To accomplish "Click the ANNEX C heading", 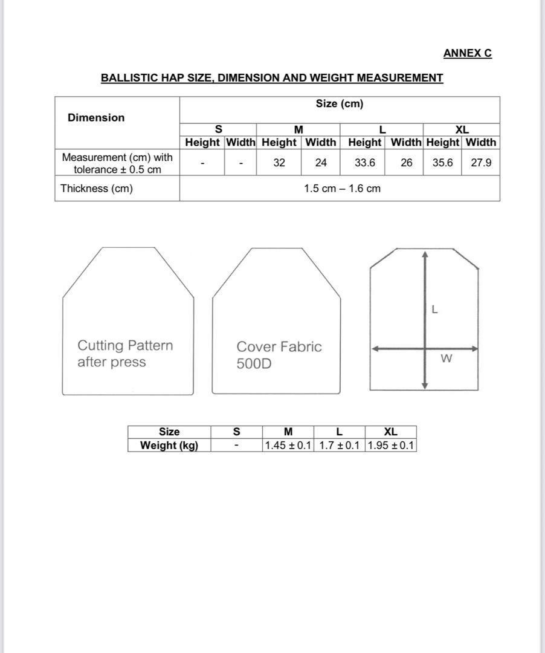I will point(467,53).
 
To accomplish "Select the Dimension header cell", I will point(96,118).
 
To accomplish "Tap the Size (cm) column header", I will point(340,104).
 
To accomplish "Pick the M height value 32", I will point(279,163).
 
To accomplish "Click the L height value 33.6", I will point(364,163).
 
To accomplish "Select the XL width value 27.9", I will point(481,163).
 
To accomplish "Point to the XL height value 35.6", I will point(442,163).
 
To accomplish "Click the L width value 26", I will point(407,163).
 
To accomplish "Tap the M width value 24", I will point(321,163).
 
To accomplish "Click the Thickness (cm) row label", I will point(97,189).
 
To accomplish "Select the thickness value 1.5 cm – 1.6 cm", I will point(342,189).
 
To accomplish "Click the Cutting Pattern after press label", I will point(124,354).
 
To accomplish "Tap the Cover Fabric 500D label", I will point(279,355).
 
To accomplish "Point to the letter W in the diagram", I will point(447,359).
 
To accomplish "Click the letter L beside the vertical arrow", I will point(434,310).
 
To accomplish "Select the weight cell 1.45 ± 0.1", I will point(288,446).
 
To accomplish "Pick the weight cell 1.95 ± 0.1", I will point(391,446).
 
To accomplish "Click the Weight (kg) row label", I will point(169,446).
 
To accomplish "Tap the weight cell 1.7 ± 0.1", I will point(339,446).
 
